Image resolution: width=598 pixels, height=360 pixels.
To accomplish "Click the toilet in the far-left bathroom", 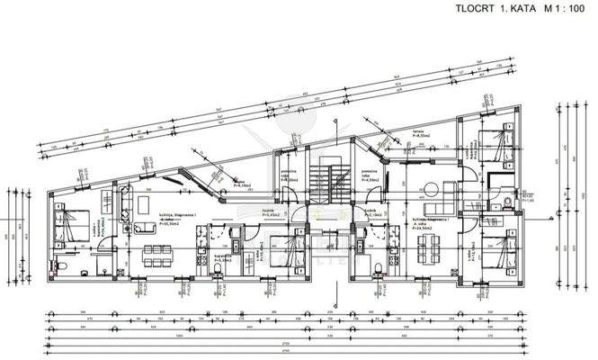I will tap(61, 266).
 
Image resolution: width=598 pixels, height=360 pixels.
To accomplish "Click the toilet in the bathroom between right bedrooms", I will tap(509, 200).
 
